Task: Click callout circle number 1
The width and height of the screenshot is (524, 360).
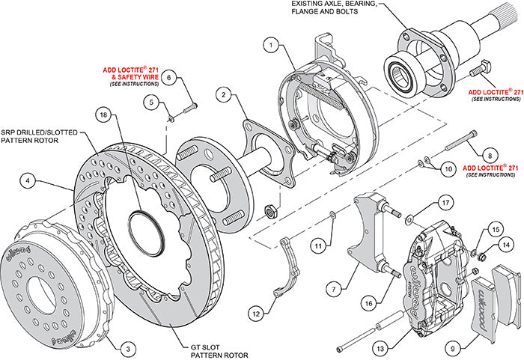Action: [267, 45]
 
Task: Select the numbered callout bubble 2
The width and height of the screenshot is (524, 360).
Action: [223, 94]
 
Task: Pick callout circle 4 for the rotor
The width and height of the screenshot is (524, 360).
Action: [26, 180]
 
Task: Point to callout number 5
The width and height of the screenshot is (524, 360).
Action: [152, 103]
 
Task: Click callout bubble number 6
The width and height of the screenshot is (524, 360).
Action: [169, 77]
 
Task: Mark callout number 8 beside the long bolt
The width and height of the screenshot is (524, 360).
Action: [489, 153]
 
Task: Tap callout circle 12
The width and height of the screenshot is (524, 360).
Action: [258, 315]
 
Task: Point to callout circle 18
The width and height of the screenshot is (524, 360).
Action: [103, 115]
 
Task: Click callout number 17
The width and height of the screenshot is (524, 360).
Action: [445, 202]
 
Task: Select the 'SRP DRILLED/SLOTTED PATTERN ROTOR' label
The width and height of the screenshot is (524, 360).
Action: [38, 135]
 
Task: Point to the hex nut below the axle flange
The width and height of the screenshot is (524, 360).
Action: [271, 210]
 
